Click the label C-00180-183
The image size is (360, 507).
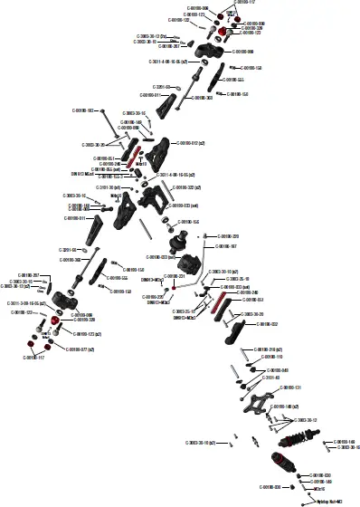click(x=87, y=110)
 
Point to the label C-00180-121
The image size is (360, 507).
click(x=287, y=387)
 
